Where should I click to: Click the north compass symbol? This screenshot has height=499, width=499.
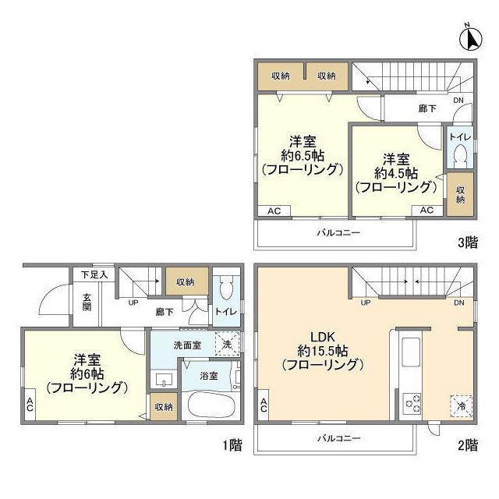(x=471, y=38)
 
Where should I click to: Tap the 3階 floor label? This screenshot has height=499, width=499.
(x=468, y=242)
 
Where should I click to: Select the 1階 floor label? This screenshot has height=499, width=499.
(x=232, y=445)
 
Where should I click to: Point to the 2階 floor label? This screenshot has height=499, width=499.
(x=468, y=445)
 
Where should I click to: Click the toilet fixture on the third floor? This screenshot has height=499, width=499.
(x=460, y=155)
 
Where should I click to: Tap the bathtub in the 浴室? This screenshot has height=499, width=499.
(x=211, y=405)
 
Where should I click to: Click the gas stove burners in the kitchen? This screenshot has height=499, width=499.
(x=412, y=404)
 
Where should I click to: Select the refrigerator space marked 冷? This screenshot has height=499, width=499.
(x=461, y=405)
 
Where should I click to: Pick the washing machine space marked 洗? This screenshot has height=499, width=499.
(x=227, y=344)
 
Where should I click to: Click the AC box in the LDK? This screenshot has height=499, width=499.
(x=264, y=405)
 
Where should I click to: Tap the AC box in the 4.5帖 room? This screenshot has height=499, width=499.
(x=427, y=211)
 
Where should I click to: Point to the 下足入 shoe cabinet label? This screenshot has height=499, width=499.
(x=94, y=274)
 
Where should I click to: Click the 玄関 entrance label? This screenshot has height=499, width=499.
(x=87, y=303)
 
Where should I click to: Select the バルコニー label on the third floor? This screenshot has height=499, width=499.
(x=338, y=232)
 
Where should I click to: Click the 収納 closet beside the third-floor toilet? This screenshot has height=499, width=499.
(x=460, y=194)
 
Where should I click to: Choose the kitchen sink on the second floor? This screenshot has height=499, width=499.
(x=411, y=352)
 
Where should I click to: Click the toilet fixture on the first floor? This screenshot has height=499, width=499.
(x=226, y=288)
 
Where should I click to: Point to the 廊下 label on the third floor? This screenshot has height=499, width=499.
(x=427, y=108)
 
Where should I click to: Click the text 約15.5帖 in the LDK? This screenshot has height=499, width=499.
(x=323, y=351)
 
